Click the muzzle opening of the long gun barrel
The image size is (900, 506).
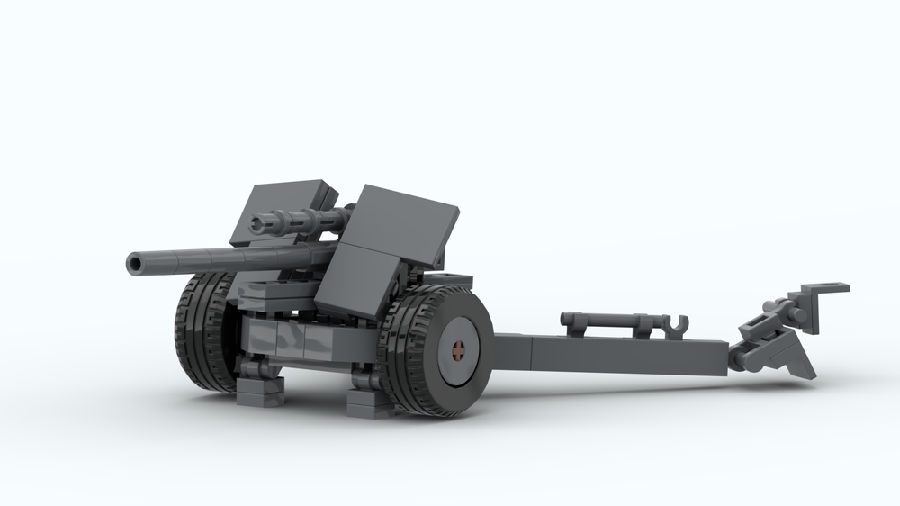click(x=135, y=263)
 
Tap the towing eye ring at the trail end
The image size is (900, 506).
click(x=821, y=289)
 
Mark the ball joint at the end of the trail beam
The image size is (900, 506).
click(x=740, y=361)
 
